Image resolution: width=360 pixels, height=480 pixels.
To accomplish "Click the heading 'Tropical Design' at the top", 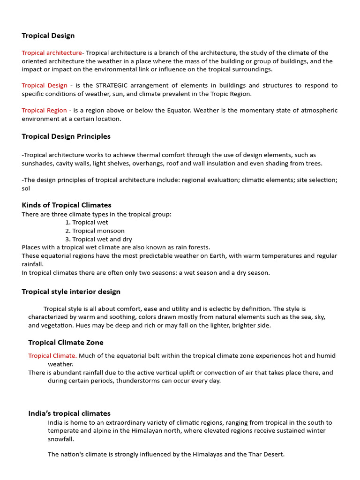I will pos(48,36).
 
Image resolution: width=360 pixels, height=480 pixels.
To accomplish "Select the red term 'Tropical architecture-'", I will pos(52,53).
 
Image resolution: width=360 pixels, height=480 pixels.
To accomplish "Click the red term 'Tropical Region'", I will pos(44,111).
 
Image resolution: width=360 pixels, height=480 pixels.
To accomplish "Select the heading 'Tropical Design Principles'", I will pos(66,136).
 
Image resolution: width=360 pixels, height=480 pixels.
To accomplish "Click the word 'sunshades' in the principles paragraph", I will pos(37,163).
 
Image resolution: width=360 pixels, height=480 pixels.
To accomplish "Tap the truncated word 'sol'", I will pos(26,188).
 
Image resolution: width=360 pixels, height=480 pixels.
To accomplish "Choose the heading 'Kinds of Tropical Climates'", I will pos(67,205).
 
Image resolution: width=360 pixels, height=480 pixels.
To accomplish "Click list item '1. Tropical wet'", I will pos(87,222).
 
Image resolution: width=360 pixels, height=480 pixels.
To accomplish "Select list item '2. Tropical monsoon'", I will pos(95,231).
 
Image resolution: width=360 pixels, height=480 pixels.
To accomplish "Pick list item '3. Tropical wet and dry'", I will pos(98,239).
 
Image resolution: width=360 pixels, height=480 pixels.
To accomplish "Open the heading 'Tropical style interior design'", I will pos(71,292).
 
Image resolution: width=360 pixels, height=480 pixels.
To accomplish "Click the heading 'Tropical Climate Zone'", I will pos(66,343).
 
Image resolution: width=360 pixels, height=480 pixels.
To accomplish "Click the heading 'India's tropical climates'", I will pos(69,413).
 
